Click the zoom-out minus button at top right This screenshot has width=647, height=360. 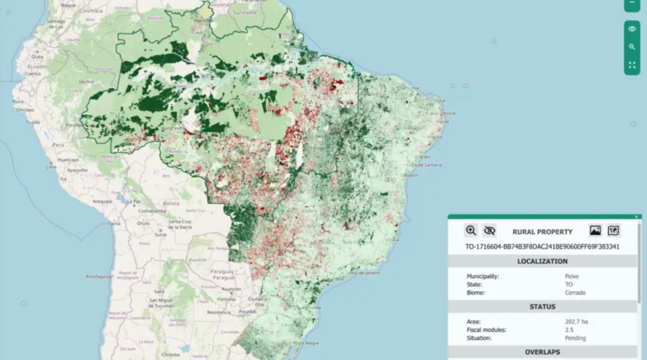tap(632, 4)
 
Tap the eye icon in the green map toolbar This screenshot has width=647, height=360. tap(632, 29)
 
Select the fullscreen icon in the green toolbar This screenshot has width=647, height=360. tap(632, 65)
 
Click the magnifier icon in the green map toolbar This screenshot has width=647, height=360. tap(632, 47)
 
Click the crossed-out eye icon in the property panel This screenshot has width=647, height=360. tap(489, 231)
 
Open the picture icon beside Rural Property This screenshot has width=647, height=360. tap(595, 231)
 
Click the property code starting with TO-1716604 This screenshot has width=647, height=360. tap(542, 246)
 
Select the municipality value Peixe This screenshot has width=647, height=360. tap(572, 276)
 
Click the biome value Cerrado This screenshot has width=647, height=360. tap(576, 292)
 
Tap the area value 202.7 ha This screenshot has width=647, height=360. tap(578, 321)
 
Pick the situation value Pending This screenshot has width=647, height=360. tap(577, 337)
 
